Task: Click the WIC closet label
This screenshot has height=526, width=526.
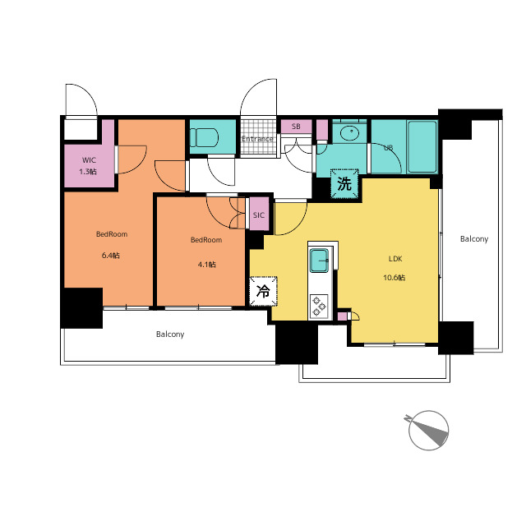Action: (89, 160)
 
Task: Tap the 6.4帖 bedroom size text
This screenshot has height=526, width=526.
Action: (111, 256)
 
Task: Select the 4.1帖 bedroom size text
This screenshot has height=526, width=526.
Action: (206, 265)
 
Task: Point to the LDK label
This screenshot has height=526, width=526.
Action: (395, 259)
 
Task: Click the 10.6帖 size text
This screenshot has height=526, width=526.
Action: (394, 278)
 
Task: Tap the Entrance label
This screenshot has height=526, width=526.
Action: (257, 139)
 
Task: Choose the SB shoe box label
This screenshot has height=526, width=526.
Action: (296, 127)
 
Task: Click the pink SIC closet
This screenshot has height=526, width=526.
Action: (259, 214)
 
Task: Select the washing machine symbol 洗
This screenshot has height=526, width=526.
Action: (344, 184)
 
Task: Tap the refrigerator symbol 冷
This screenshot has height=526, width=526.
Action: (263, 291)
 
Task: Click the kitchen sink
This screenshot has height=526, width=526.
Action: (319, 261)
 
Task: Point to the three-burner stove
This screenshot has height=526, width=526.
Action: (319, 306)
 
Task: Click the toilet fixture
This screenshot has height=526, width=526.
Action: (204, 137)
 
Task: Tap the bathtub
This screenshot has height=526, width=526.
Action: (422, 146)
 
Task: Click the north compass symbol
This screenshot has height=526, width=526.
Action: (428, 430)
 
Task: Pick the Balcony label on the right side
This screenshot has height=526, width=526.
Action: (474, 239)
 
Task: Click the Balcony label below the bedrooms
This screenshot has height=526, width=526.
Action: (170, 335)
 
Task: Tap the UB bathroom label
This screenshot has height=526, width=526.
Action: (388, 148)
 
